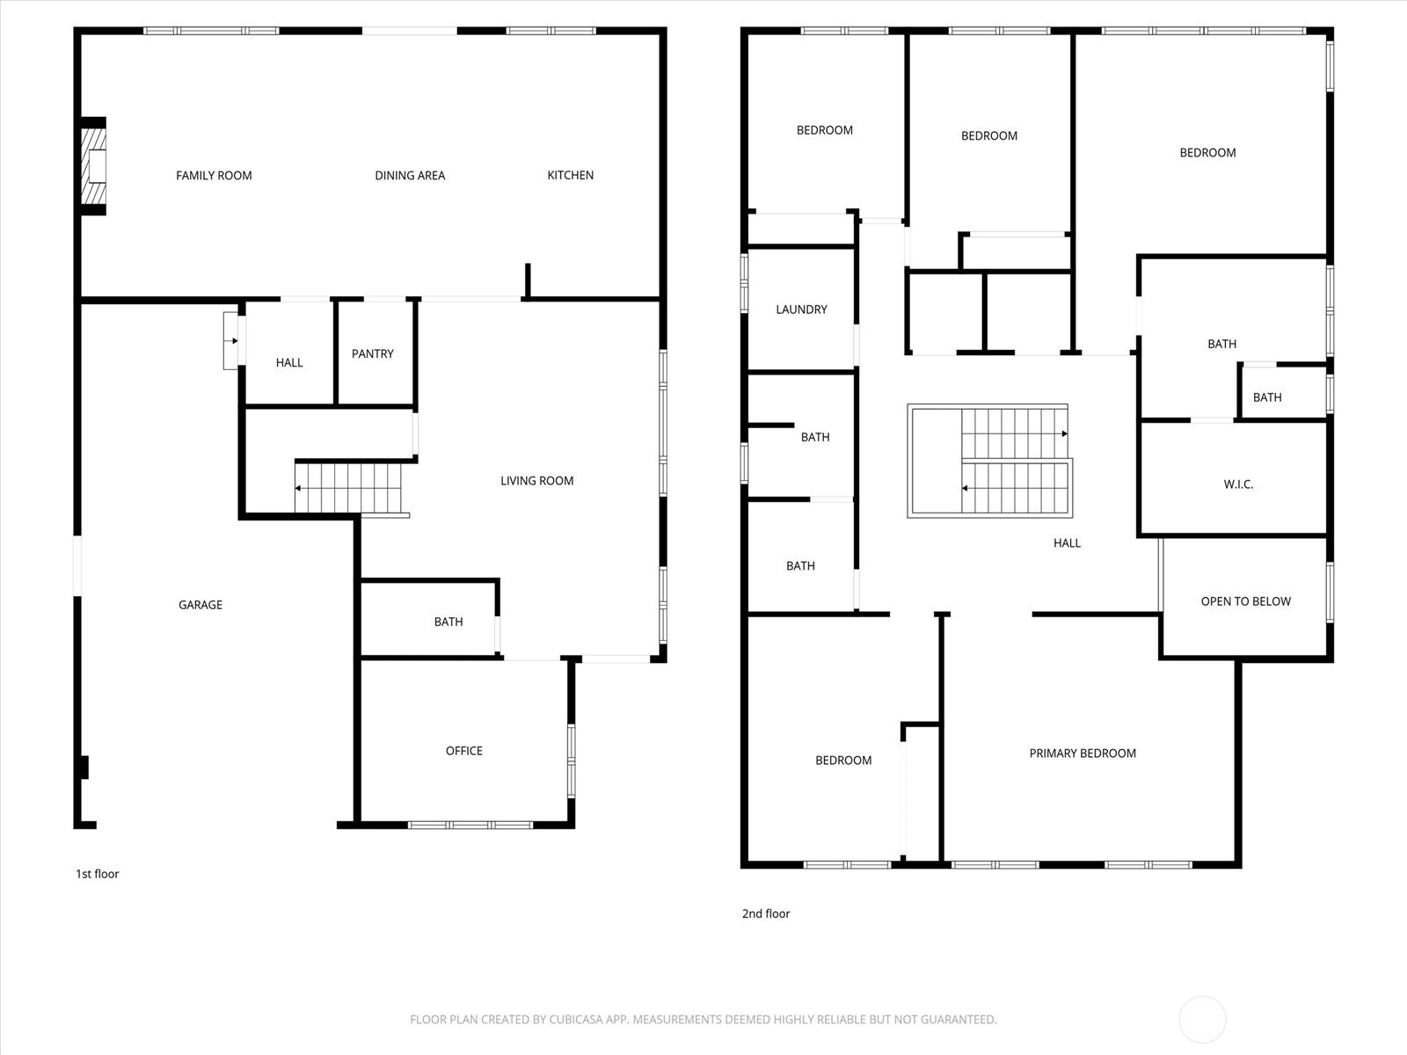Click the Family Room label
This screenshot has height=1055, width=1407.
pyautogui.click(x=214, y=175)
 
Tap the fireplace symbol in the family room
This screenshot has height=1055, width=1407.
pyautogui.click(x=94, y=166)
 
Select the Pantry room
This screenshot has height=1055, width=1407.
pyautogui.click(x=373, y=353)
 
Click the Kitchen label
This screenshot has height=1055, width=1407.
pyautogui.click(x=570, y=175)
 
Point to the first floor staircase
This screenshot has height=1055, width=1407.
pyautogui.click(x=349, y=488)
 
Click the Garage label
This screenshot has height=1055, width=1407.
pyautogui.click(x=200, y=605)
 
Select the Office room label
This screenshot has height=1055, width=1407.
pyautogui.click(x=463, y=751)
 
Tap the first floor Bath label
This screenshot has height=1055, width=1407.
pyautogui.click(x=448, y=622)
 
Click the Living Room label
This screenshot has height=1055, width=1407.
pyautogui.click(x=536, y=481)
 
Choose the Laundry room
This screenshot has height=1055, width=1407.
pyautogui.click(x=801, y=309)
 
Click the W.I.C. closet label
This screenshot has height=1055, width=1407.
pyautogui.click(x=1238, y=484)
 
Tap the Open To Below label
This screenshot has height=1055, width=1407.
pyautogui.click(x=1245, y=601)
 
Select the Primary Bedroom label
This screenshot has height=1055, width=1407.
pyautogui.click(x=1083, y=753)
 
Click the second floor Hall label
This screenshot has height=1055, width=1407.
pyautogui.click(x=1067, y=543)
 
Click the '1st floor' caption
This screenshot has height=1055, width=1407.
pyautogui.click(x=97, y=874)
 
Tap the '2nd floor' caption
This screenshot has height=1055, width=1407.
pyautogui.click(x=766, y=913)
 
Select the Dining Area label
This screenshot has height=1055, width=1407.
pyautogui.click(x=410, y=175)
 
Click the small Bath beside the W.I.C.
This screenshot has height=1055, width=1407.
pyautogui.click(x=1267, y=397)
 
